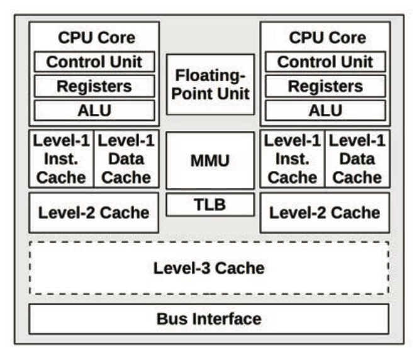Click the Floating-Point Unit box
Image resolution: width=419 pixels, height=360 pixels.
point(210,84)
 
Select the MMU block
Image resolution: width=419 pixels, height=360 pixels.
point(210,160)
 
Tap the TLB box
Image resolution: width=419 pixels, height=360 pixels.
point(210,205)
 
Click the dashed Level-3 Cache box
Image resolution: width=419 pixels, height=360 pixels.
point(209,268)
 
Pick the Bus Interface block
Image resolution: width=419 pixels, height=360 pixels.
point(209,319)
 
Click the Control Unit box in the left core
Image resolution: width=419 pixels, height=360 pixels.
point(94,62)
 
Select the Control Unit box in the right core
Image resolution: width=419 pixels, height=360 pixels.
point(325,62)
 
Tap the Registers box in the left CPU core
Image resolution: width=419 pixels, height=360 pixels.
point(94,86)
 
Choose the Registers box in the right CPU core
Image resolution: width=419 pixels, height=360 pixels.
point(325,86)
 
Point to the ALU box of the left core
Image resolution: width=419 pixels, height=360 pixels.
point(94,110)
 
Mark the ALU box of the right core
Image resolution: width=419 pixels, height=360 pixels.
point(325,110)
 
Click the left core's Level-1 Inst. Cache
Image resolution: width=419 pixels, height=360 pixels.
point(61,159)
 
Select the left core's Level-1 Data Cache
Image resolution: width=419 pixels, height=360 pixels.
point(126,159)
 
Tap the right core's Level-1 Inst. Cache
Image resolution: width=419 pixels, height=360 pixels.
point(292,159)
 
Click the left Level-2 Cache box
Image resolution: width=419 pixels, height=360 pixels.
point(94,212)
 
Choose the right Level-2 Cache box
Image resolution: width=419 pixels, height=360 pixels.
point(325,212)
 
